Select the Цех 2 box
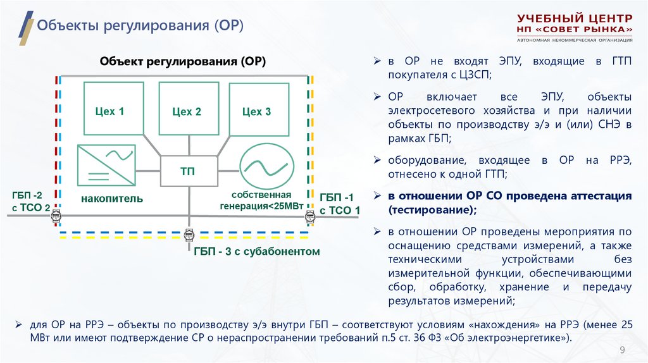pos(186,111)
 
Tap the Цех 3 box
pos(256,111)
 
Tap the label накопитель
pos(111,199)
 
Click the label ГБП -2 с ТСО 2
pos(29,200)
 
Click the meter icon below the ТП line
pos(188,235)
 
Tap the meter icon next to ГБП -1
pos(309,217)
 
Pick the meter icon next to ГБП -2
pos(56,217)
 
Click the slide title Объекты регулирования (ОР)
pos(140,26)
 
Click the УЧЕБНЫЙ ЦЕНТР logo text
pos(574,18)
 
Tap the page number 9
pos(621,350)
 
